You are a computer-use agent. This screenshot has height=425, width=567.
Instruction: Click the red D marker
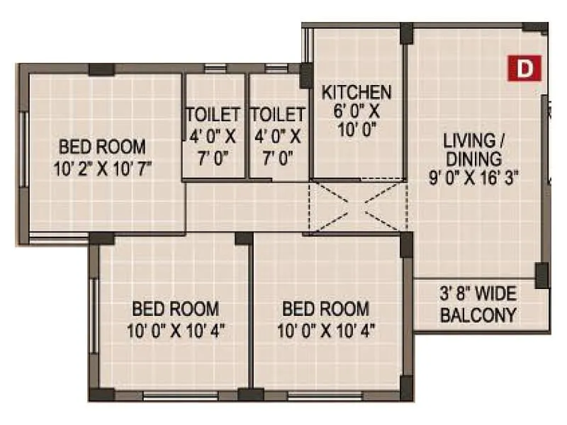tap(524, 68)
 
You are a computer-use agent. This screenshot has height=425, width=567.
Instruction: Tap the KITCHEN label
tap(357, 92)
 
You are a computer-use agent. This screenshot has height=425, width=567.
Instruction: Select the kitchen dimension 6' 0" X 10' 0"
tap(357, 120)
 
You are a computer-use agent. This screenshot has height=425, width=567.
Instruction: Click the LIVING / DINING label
tap(474, 147)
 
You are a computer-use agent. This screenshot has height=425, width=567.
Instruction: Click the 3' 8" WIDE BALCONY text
tap(478, 305)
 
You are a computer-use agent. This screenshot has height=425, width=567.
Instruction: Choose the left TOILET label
tap(213, 115)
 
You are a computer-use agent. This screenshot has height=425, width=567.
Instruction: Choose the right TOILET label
tap(277, 115)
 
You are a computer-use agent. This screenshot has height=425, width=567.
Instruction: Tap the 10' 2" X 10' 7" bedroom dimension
tap(102, 168)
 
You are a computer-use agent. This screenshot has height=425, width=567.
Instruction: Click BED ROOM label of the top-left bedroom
tap(102, 147)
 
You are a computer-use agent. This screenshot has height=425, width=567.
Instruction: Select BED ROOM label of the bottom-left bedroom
tap(176, 310)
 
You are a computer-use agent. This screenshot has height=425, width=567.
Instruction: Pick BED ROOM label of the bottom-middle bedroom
tap(325, 310)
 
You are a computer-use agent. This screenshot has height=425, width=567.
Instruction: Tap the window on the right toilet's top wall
tap(276, 69)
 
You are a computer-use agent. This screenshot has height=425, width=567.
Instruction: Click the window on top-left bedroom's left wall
tap(23, 152)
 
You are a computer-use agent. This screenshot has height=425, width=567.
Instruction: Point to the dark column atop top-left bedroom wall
tap(101, 69)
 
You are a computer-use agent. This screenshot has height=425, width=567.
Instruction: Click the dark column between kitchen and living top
tap(405, 33)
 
